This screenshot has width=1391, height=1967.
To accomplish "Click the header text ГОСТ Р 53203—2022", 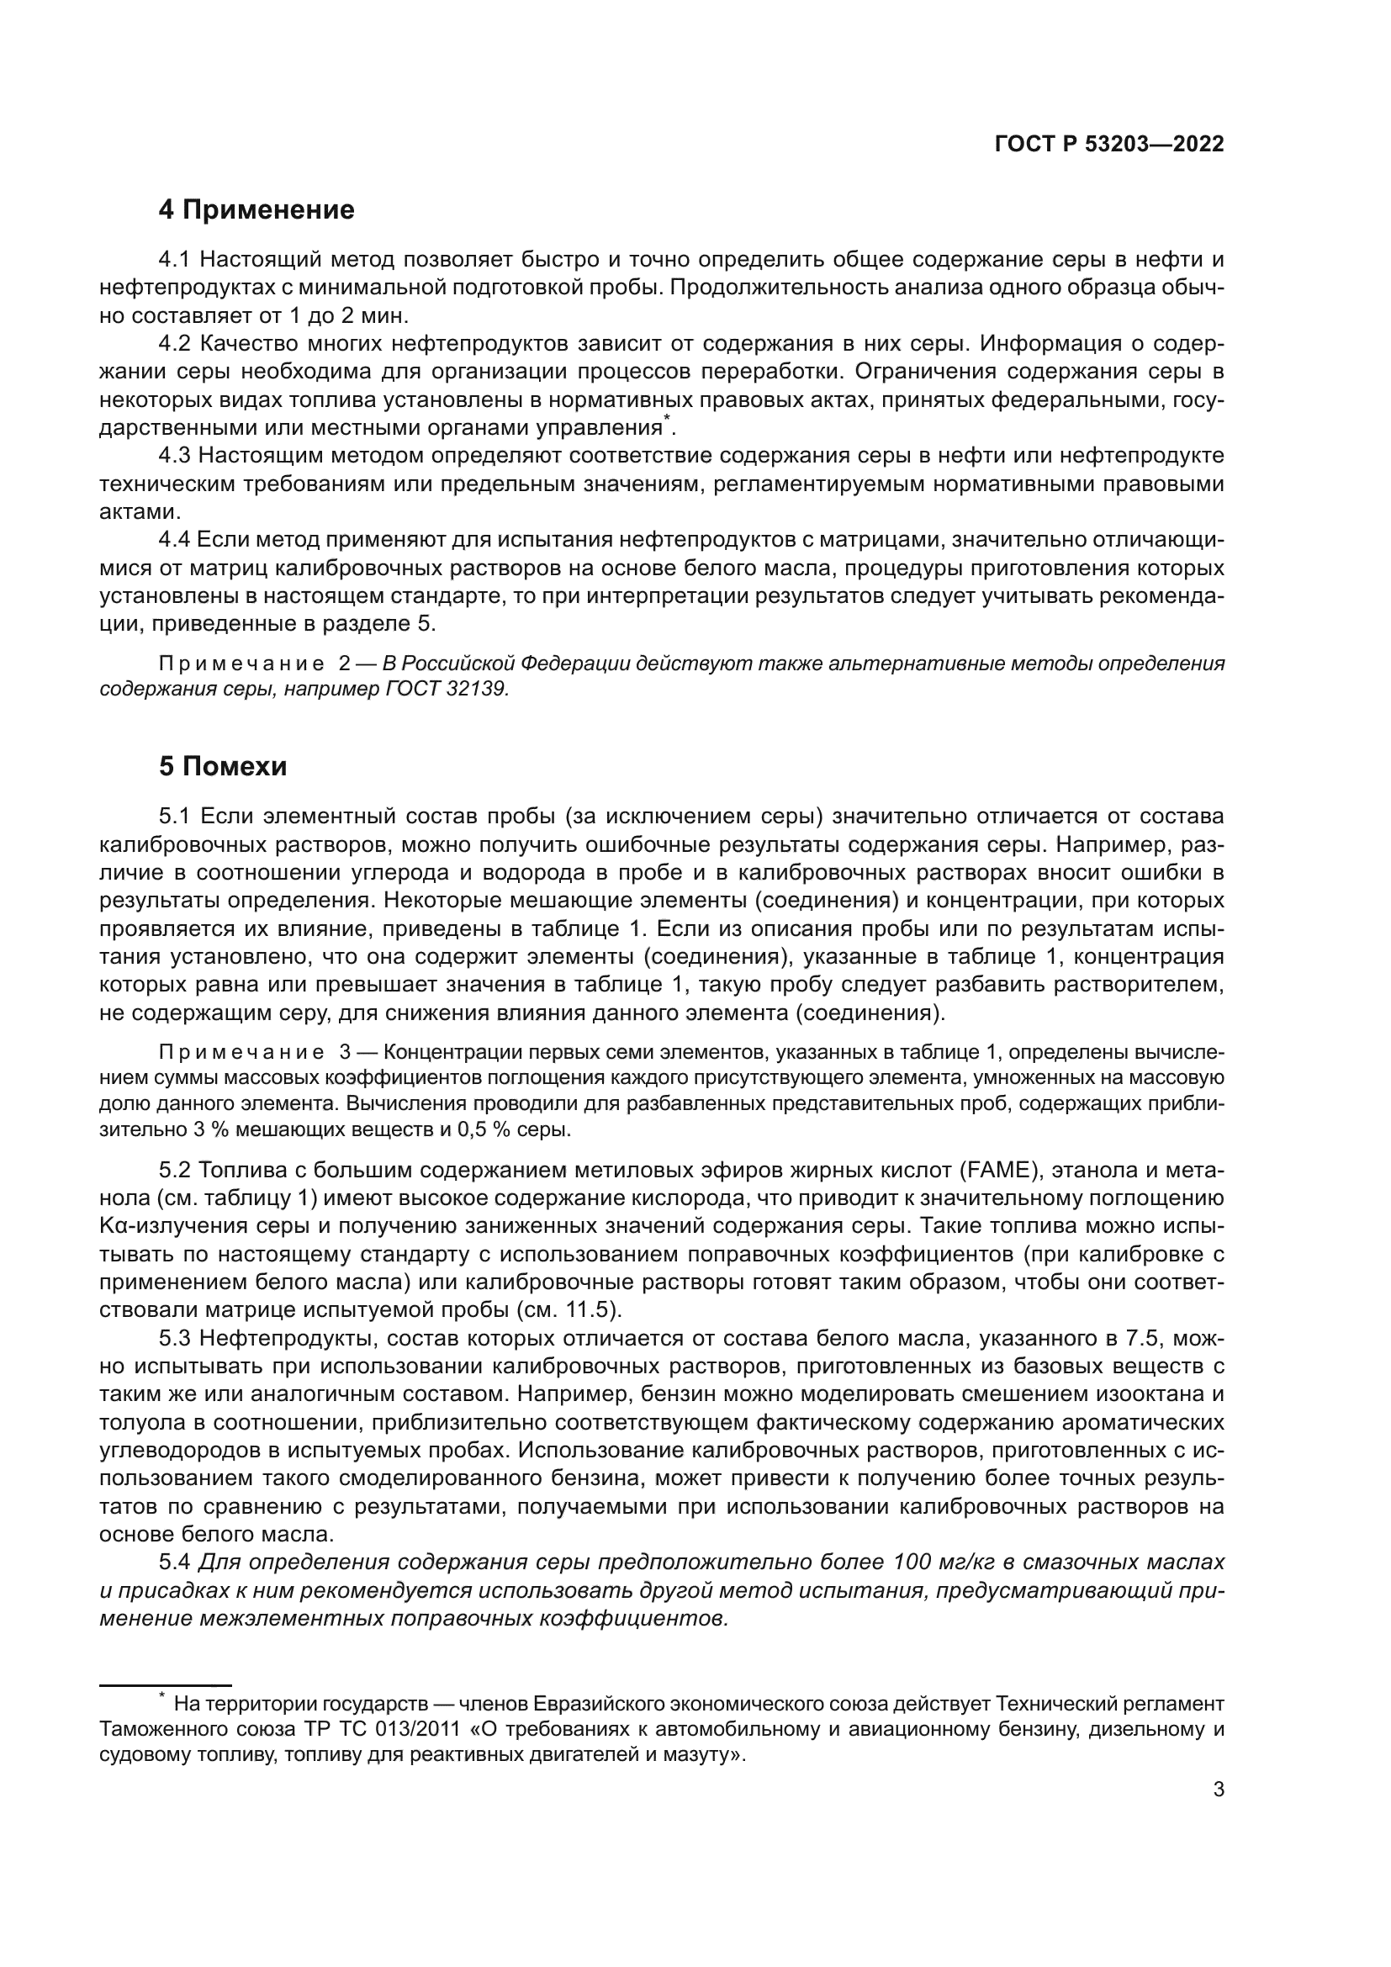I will coord(1108,144).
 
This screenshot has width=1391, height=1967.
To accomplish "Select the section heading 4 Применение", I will coord(257,210).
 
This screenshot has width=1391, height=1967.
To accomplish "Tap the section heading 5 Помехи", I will coord(223,767).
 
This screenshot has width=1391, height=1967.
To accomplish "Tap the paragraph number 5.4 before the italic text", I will coord(176,1562).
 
